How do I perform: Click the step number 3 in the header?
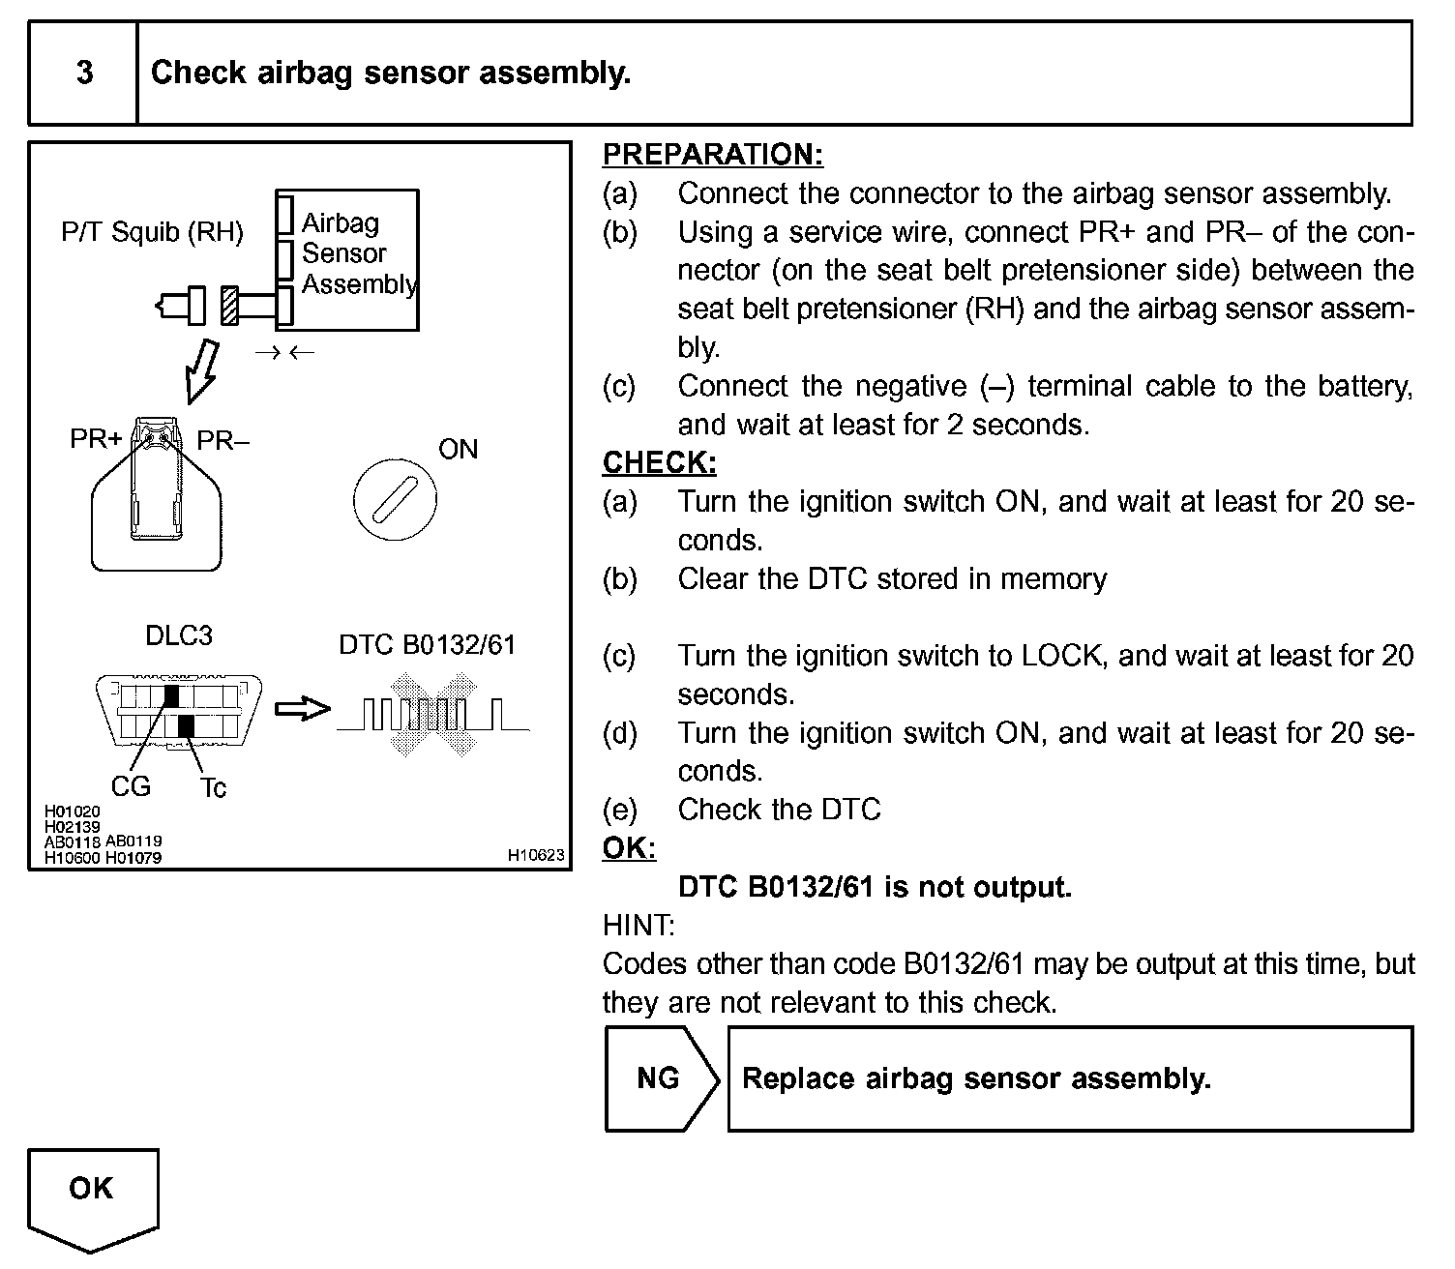tap(85, 74)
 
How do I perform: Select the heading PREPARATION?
tap(712, 155)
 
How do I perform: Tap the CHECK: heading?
tap(659, 463)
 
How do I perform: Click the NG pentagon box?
tap(660, 1078)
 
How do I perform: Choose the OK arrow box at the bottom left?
tap(92, 1194)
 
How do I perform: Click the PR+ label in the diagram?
tap(96, 440)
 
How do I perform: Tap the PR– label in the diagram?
tap(223, 441)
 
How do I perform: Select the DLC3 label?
tap(178, 635)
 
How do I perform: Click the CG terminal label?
tap(131, 786)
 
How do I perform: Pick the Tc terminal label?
tap(213, 788)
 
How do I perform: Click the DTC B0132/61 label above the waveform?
tap(427, 645)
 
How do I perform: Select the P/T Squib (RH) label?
tap(152, 232)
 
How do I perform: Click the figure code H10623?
tap(536, 855)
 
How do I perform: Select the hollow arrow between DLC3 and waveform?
tap(302, 710)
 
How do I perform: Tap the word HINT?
tap(638, 926)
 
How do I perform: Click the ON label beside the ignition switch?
tap(458, 449)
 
